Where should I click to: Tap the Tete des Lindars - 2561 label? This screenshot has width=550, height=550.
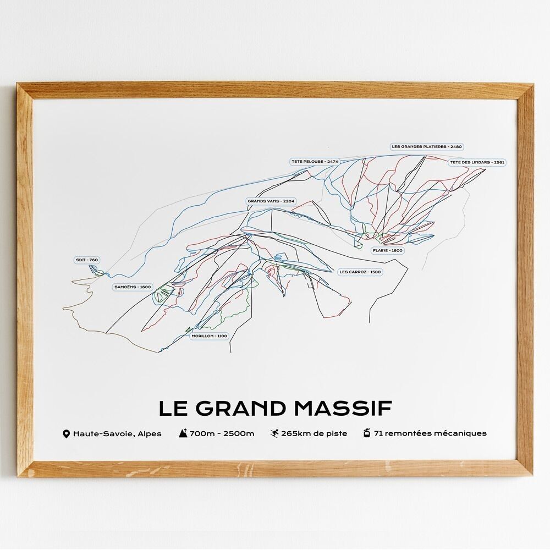coord(477,162)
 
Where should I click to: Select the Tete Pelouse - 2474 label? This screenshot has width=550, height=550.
coord(315,162)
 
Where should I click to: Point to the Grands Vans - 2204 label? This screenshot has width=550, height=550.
coord(271,201)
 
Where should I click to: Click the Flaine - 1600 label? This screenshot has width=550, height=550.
coord(388,250)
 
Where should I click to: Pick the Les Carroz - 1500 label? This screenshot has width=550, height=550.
coord(360,272)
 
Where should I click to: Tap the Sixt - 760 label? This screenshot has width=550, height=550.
coord(87,260)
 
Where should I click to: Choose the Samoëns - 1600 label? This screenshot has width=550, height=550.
coord(133,287)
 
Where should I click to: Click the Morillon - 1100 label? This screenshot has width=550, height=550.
coord(209,335)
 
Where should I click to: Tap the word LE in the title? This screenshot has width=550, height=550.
coord(173,409)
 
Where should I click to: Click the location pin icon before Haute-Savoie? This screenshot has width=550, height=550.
coord(67,434)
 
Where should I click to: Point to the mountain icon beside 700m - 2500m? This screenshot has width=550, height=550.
coord(183,433)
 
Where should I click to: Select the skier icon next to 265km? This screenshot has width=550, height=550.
coord(274,433)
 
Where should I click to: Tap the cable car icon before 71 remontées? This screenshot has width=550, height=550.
coord(367,433)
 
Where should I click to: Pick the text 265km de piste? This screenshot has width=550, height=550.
coord(314,433)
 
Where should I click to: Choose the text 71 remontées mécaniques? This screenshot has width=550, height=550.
coord(430,433)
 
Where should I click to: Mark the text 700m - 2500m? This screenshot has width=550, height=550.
coord(222,433)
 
